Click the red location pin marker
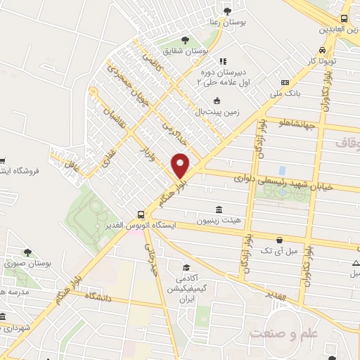[x=181, y=165]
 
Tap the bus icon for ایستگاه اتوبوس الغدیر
[x=141, y=214]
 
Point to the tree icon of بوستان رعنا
[x=227, y=10]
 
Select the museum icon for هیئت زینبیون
[x=219, y=210]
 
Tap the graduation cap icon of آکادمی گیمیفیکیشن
[x=186, y=268]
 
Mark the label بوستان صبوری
[x=28, y=263]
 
